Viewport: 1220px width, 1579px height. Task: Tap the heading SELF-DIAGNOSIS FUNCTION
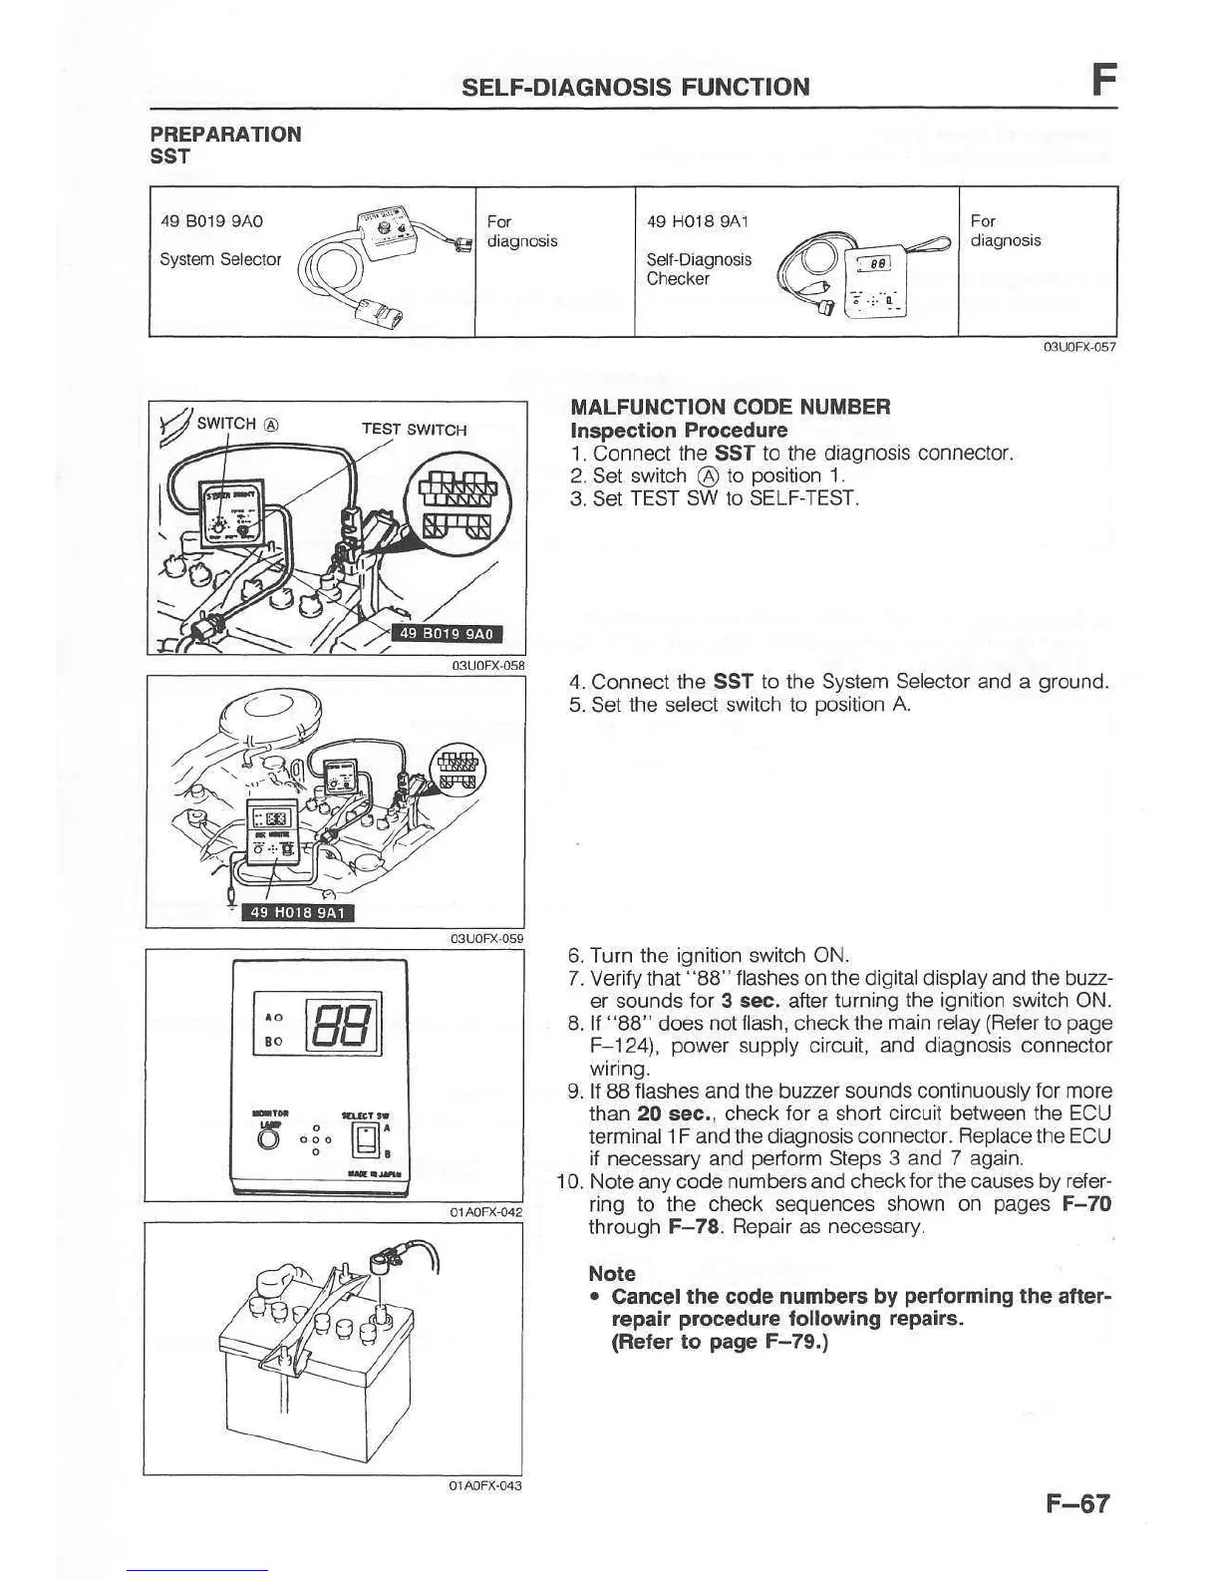click(x=636, y=87)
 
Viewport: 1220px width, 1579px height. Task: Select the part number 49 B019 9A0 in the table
click(x=211, y=220)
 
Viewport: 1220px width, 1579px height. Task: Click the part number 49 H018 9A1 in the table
click(x=698, y=220)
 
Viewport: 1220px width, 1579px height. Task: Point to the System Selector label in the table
click(x=220, y=259)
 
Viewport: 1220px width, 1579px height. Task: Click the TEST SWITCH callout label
click(x=414, y=430)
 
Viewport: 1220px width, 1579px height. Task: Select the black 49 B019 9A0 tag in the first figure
click(x=446, y=634)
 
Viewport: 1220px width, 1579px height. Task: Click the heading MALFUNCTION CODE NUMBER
click(x=730, y=407)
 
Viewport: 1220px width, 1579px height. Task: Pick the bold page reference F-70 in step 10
click(x=1086, y=1204)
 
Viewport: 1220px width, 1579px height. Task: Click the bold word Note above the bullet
click(x=612, y=1273)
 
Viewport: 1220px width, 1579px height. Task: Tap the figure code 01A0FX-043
click(x=485, y=1485)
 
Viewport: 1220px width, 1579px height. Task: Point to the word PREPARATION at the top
click(x=225, y=135)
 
